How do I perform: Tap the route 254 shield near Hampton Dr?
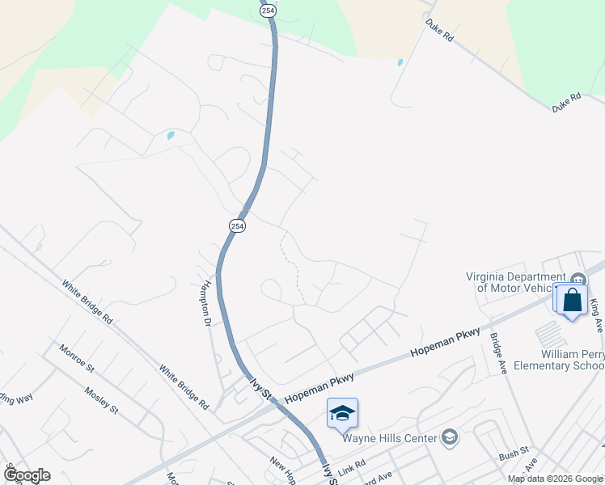(x=236, y=226)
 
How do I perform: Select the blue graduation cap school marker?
(x=342, y=413)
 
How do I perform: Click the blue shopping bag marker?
(x=573, y=300)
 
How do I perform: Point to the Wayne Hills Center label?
(x=389, y=439)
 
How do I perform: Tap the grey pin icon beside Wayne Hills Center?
(x=451, y=438)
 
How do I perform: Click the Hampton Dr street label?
(x=207, y=303)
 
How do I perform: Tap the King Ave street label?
(x=596, y=313)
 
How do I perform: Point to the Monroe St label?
(x=77, y=358)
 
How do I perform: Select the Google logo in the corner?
(x=27, y=475)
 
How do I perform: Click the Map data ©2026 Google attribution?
(x=555, y=479)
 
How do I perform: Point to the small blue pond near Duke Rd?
(x=400, y=62)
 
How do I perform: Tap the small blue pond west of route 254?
(x=171, y=135)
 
